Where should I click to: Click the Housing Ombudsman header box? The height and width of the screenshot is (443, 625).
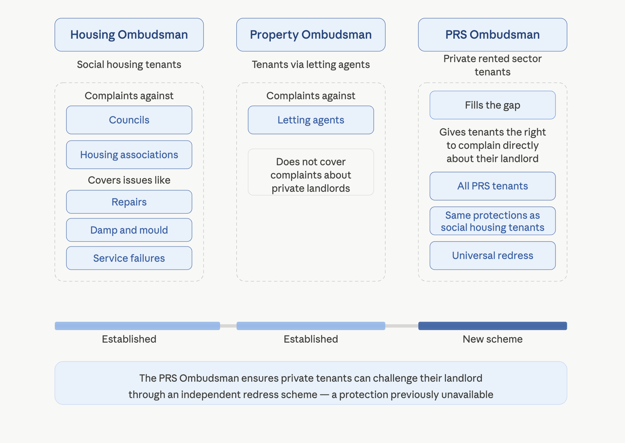pyautogui.click(x=129, y=35)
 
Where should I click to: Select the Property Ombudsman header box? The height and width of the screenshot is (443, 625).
pyautogui.click(x=311, y=35)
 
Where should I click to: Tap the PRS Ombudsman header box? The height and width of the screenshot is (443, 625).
pyautogui.click(x=492, y=35)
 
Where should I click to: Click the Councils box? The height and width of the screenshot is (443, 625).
pyautogui.click(x=129, y=120)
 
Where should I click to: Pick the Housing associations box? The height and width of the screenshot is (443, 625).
pyautogui.click(x=129, y=155)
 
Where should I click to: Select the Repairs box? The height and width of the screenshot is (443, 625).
pyautogui.click(x=129, y=202)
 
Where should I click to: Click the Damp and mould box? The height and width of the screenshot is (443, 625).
pyautogui.click(x=129, y=230)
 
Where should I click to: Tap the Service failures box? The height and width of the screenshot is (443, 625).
pyautogui.click(x=129, y=258)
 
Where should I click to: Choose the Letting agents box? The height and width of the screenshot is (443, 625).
pyautogui.click(x=311, y=120)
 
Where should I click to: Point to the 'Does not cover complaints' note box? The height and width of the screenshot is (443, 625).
pyautogui.click(x=311, y=172)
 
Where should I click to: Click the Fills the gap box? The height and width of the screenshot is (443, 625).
pyautogui.click(x=492, y=105)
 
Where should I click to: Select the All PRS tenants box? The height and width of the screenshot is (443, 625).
pyautogui.click(x=492, y=186)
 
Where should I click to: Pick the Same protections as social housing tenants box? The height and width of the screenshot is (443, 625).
pyautogui.click(x=492, y=221)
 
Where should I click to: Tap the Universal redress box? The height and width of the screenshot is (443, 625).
pyautogui.click(x=492, y=255)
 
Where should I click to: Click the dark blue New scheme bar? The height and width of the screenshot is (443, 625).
pyautogui.click(x=492, y=326)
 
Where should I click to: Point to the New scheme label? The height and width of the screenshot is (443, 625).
pyautogui.click(x=492, y=339)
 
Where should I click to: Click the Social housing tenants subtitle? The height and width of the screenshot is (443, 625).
pyautogui.click(x=129, y=64)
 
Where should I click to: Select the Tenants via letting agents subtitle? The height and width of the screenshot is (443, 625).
pyautogui.click(x=311, y=64)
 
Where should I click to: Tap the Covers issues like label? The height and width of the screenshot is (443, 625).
pyautogui.click(x=129, y=180)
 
